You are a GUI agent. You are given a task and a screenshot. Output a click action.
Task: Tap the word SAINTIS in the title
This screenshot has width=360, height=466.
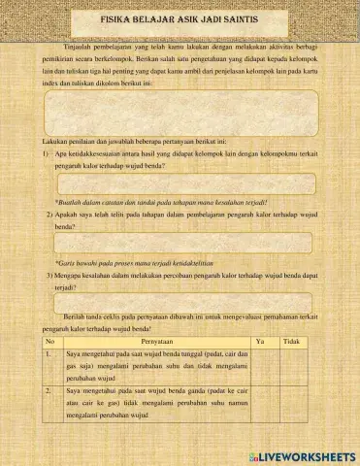coord(236,19)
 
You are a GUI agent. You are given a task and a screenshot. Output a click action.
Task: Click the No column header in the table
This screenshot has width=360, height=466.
coord(50,342)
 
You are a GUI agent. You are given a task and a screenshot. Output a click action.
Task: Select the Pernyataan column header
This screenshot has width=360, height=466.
coord(147,342)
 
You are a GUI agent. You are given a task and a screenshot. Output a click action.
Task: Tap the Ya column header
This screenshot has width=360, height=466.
coord(259,342)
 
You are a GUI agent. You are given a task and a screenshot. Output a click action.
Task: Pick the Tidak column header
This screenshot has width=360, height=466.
coord(290,342)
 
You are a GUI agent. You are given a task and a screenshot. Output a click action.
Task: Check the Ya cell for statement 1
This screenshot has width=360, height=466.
coord(259,366)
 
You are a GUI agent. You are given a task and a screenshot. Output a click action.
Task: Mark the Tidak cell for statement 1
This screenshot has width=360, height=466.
coord(290,366)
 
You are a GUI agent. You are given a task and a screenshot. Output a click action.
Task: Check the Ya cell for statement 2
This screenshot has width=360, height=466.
coord(259,401)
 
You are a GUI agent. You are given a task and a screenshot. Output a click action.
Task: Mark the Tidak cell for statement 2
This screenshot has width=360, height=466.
coord(290,401)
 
